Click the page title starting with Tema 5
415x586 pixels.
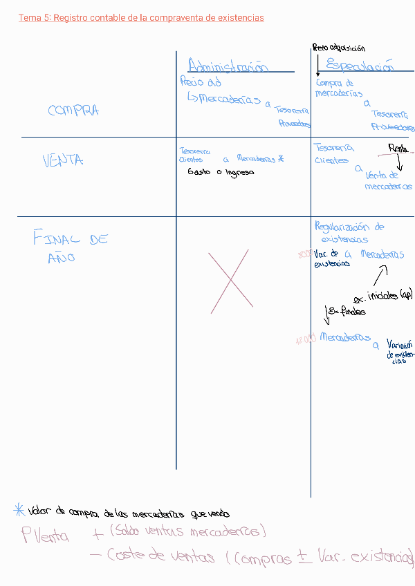[x=141, y=18]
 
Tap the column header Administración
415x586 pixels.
[x=228, y=66]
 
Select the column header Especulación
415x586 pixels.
[x=360, y=66]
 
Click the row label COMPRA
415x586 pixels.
[x=73, y=111]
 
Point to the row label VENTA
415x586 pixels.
[x=63, y=160]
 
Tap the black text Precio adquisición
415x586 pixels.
[x=339, y=48]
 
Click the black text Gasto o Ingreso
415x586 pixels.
[x=221, y=172]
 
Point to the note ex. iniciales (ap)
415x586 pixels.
[x=382, y=296]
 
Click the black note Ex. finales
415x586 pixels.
[x=346, y=312]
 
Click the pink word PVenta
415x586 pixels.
[x=45, y=536]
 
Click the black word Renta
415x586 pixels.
[x=398, y=148]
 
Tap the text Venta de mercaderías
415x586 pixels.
[x=387, y=181]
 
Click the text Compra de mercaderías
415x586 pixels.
[x=338, y=88]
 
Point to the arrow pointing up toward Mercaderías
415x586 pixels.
[x=380, y=276]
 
